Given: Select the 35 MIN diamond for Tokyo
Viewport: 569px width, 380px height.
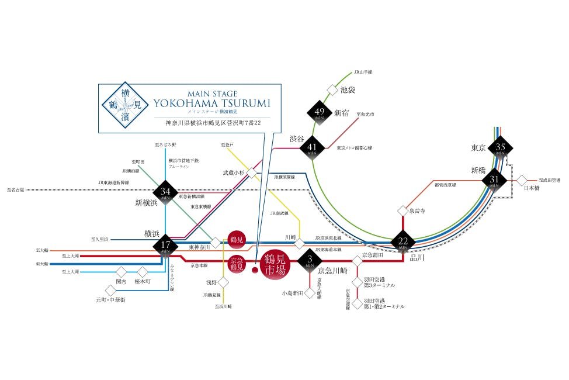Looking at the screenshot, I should [x=499, y=147].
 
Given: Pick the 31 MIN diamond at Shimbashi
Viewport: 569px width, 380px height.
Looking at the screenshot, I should [x=494, y=179].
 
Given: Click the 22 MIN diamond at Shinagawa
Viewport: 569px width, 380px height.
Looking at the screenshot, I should [x=403, y=242].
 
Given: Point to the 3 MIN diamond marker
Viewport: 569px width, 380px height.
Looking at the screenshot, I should [x=309, y=260].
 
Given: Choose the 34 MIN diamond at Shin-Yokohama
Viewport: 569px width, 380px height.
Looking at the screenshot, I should [x=166, y=193].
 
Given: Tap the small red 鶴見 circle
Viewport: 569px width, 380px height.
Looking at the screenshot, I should [x=236, y=239].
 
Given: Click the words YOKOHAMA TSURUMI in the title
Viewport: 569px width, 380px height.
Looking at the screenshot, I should [x=211, y=103].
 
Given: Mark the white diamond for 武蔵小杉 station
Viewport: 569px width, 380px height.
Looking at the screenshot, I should [x=251, y=173].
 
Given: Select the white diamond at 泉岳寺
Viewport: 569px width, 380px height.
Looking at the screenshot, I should [x=403, y=210].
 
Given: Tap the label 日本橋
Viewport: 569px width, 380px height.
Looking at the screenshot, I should [x=530, y=188].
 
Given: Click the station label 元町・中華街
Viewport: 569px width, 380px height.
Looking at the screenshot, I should [x=110, y=299].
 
